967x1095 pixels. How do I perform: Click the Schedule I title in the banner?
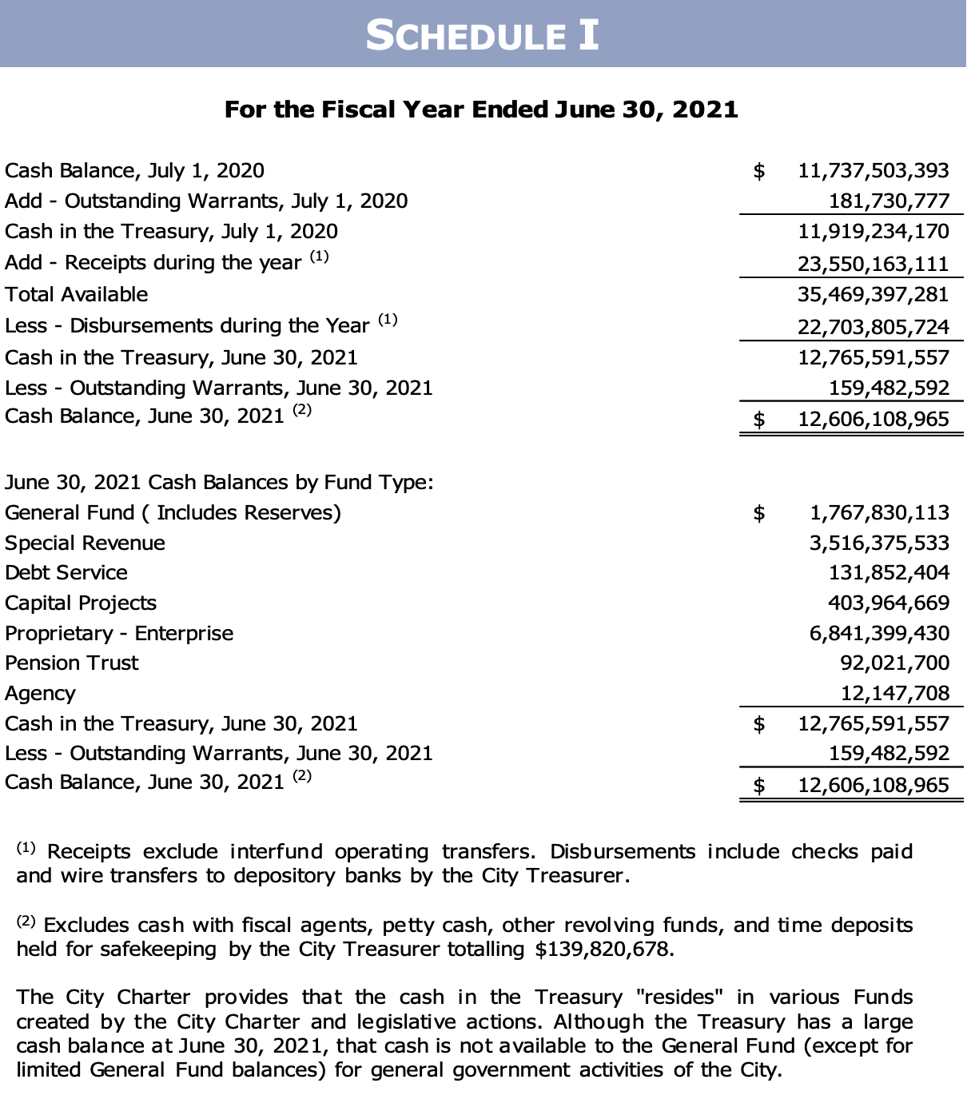pyautogui.click(x=482, y=35)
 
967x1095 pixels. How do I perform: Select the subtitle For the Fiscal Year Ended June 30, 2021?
pyautogui.click(x=481, y=109)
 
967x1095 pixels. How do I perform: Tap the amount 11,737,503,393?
pyautogui.click(x=873, y=170)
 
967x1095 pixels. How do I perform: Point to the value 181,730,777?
pyautogui.click(x=889, y=201)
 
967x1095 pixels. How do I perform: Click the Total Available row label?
pyautogui.click(x=77, y=294)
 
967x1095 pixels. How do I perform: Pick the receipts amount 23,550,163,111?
pyautogui.click(x=873, y=264)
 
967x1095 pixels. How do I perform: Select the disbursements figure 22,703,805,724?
pyautogui.click(x=873, y=327)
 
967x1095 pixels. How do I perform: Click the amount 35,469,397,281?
pyautogui.click(x=873, y=294)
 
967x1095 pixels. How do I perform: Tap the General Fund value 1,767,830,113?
pyautogui.click(x=879, y=512)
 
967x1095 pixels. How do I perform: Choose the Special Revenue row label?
pyautogui.click(x=85, y=543)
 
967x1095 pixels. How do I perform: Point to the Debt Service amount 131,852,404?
pyautogui.click(x=889, y=572)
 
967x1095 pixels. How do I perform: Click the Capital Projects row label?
pyautogui.click(x=81, y=603)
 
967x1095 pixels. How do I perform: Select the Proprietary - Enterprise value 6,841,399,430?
pyautogui.click(x=879, y=633)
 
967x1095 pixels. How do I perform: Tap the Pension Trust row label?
pyautogui.click(x=72, y=663)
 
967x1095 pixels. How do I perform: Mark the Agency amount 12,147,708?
pyautogui.click(x=895, y=693)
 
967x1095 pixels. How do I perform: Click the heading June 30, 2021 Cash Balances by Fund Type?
pyautogui.click(x=219, y=482)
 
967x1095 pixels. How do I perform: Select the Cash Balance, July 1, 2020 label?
pyautogui.click(x=134, y=170)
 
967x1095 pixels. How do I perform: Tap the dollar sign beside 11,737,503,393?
pyautogui.click(x=759, y=170)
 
